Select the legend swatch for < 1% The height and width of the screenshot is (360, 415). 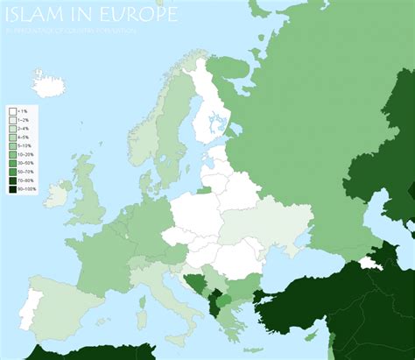tap(12, 112)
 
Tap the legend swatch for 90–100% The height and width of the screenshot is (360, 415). tap(12, 189)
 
